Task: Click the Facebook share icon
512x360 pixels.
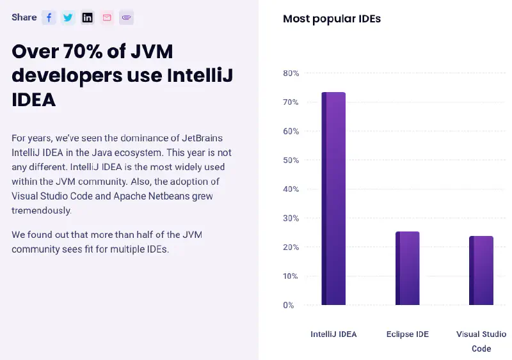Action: coord(49,18)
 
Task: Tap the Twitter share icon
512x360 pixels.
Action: coord(68,18)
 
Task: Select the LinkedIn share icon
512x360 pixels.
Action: coord(88,18)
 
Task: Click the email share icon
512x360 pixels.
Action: coord(107,18)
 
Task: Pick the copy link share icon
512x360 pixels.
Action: coord(126,18)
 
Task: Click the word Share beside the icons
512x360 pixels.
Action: coord(24,17)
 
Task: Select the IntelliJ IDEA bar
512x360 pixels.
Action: coord(333,198)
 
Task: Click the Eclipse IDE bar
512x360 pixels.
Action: coord(407,268)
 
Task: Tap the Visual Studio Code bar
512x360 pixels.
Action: coord(481,270)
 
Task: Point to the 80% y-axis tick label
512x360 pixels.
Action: coord(291,74)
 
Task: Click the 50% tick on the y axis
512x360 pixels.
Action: coord(291,160)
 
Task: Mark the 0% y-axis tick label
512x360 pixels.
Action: coord(289,305)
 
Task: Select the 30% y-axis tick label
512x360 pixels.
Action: coord(291,218)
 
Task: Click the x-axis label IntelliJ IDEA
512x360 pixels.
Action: coord(333,334)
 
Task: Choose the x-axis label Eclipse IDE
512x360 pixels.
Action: coord(408,334)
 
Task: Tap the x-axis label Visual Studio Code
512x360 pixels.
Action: coord(481,341)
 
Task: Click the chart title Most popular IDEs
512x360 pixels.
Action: coord(332,19)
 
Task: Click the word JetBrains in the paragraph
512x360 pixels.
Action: coord(203,138)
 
